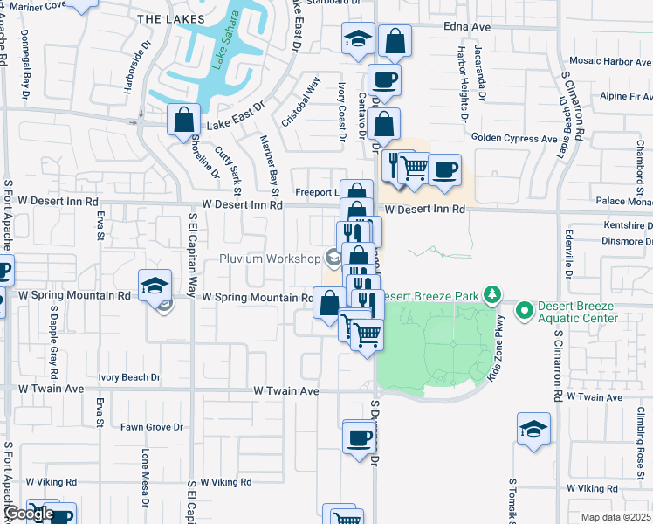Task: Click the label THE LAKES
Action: [171, 18]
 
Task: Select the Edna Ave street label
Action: [467, 27]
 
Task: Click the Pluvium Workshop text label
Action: [270, 259]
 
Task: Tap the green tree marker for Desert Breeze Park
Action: [493, 294]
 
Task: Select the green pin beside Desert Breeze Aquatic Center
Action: [525, 309]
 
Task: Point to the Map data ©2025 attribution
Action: [616, 517]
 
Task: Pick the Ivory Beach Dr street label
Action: [129, 377]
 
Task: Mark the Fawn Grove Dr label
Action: [152, 427]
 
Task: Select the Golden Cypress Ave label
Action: [514, 138]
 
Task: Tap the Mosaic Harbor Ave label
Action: [609, 61]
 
